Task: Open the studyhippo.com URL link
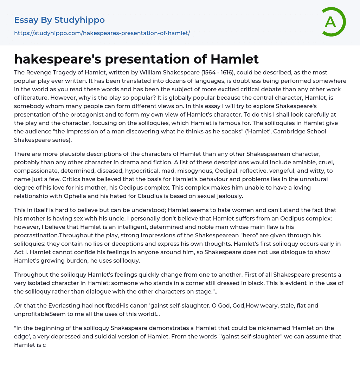(x=102, y=33)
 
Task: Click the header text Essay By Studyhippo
(x=59, y=20)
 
